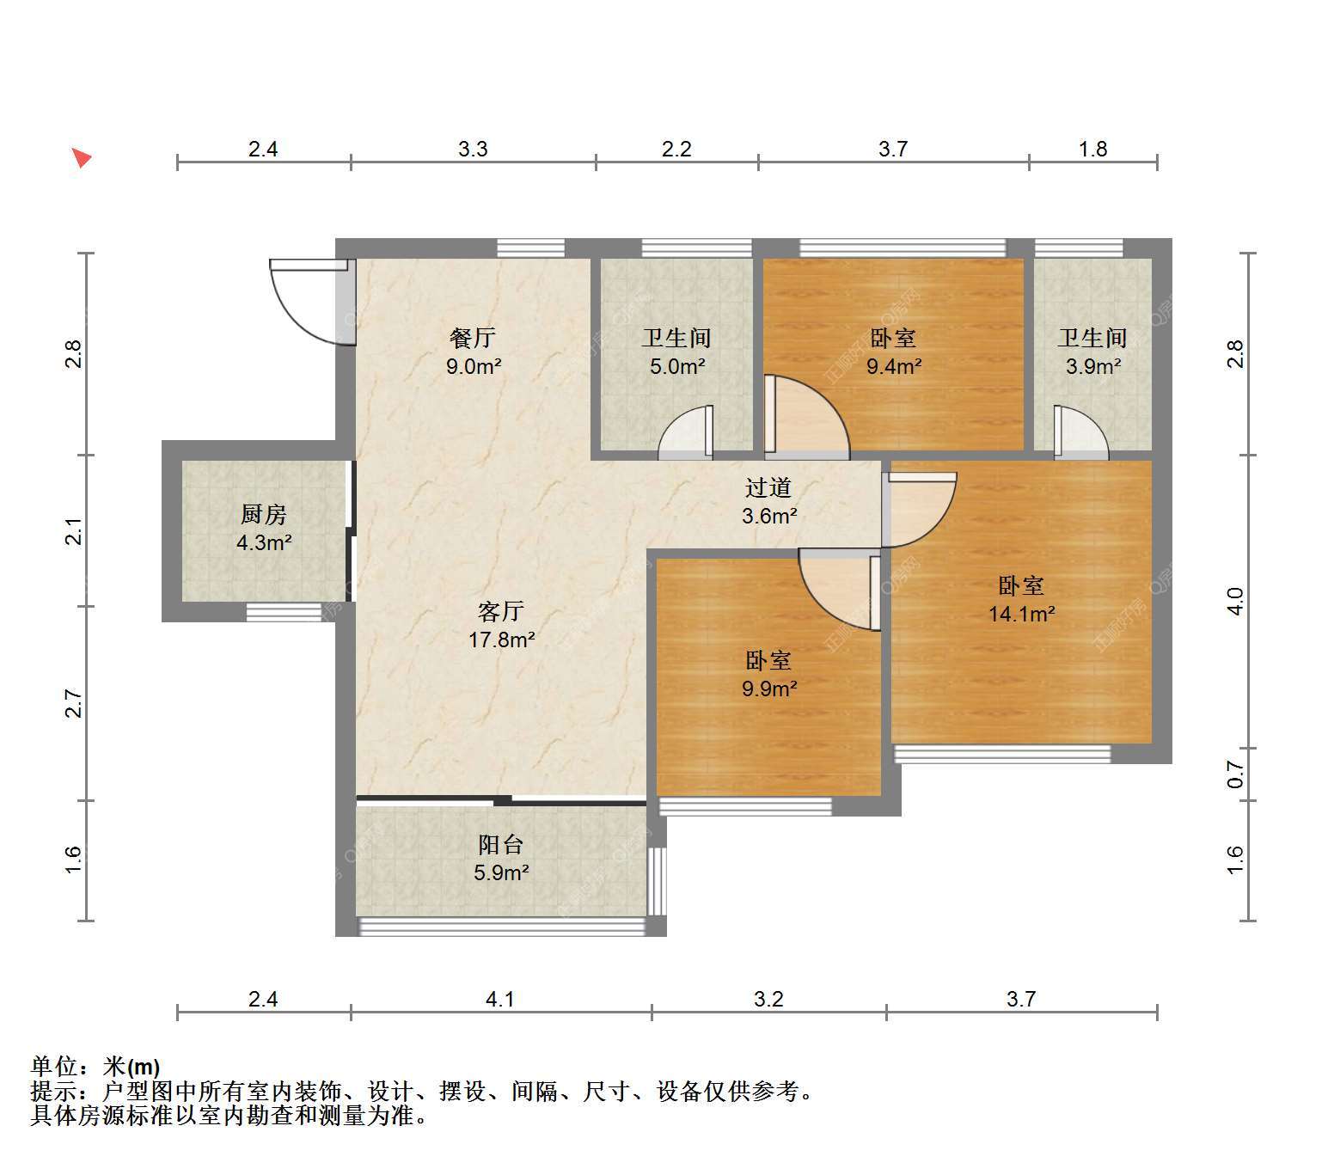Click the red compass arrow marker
81,158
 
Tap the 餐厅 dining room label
473,339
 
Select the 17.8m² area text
502,640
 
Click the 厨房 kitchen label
264,515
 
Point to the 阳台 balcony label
501,845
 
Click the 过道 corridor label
768,488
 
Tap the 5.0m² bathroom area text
677,367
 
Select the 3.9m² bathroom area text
1093,367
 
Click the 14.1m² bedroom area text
1022,615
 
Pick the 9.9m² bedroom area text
769,689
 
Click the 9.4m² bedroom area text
894,367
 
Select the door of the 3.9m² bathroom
1081,431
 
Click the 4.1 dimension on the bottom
500,999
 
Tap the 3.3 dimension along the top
473,150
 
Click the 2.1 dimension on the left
75,531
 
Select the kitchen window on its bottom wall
284,612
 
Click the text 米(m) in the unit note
131,1067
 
